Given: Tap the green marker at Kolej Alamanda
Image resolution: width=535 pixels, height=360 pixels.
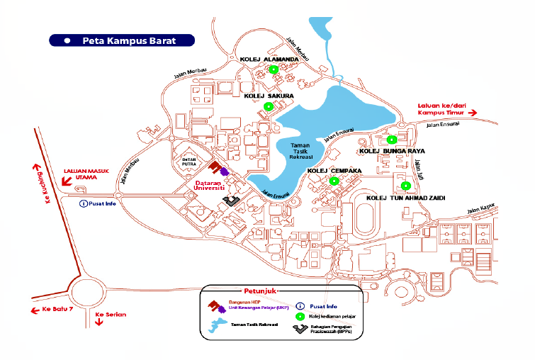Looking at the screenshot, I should (x=273, y=69).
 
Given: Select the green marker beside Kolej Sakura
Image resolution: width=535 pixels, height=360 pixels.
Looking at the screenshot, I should (x=268, y=106).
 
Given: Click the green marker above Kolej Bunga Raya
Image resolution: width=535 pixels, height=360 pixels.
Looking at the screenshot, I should (x=390, y=139).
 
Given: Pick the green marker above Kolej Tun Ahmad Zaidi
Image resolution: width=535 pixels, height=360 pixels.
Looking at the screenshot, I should (x=405, y=186).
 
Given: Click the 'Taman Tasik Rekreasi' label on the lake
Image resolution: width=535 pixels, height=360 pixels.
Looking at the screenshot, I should (x=307, y=150).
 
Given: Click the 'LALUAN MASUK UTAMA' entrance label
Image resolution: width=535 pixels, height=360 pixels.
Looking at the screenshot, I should (x=89, y=175).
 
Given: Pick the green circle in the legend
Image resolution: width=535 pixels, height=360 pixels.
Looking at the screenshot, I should (x=299, y=317).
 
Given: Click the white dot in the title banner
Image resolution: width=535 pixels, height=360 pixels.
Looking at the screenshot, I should (x=67, y=40).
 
